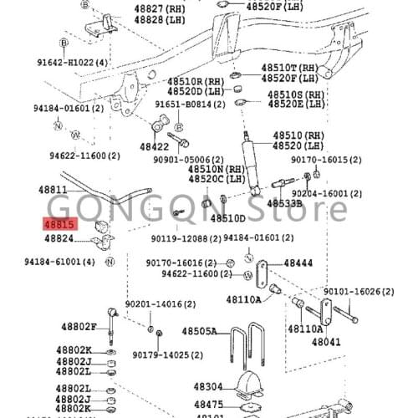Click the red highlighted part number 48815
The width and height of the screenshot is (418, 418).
(x=60, y=224)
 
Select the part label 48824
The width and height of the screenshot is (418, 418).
(x=60, y=238)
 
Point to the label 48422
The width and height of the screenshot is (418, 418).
(x=154, y=147)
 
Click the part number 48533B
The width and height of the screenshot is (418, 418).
(x=284, y=203)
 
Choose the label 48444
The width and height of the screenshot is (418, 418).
(x=298, y=263)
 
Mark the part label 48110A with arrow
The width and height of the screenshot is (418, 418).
(x=242, y=299)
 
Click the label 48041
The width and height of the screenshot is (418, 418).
(x=327, y=341)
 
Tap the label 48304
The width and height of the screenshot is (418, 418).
(x=208, y=387)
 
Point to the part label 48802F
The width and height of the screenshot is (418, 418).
(x=79, y=326)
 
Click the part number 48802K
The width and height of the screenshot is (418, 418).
(x=74, y=349)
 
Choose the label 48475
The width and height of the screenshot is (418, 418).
(x=208, y=405)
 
